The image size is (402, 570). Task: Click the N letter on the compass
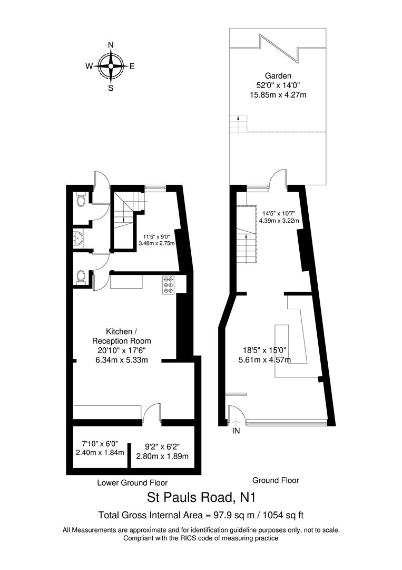(111, 45)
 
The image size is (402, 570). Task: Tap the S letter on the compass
(111, 88)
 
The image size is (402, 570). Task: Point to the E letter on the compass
(132, 66)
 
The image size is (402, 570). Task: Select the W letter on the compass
(89, 66)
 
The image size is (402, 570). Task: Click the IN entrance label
(236, 431)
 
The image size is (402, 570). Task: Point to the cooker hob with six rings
(170, 286)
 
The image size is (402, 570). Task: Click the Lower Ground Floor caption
(132, 482)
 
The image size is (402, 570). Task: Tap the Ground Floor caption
(276, 480)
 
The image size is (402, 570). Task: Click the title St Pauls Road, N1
(200, 498)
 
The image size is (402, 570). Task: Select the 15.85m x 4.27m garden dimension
(278, 95)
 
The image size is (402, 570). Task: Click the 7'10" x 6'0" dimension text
(100, 444)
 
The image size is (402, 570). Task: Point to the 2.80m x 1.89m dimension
(162, 456)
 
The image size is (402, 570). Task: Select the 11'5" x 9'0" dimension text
(156, 236)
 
